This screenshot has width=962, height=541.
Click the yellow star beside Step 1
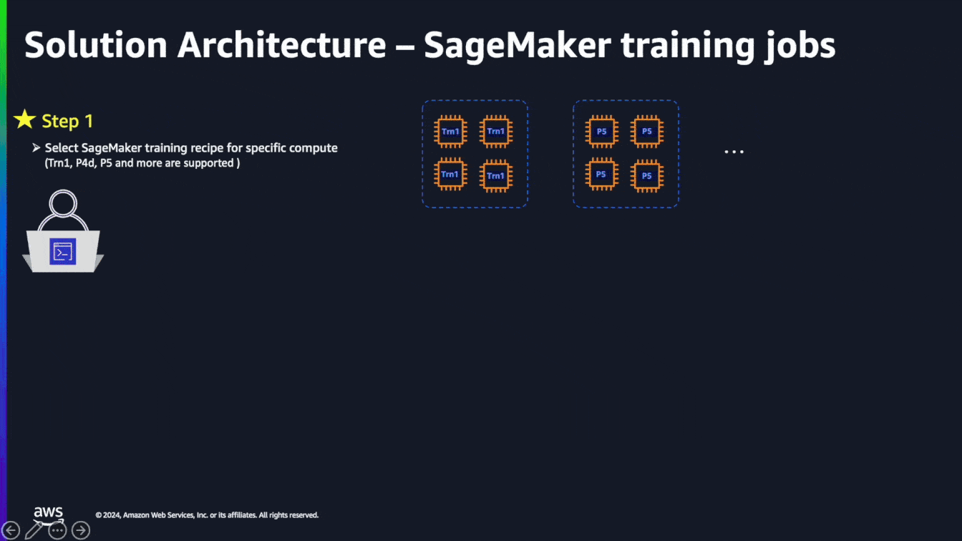[x=24, y=119]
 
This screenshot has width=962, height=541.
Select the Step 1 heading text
[x=67, y=121]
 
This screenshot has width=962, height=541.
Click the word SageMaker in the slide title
[x=518, y=46]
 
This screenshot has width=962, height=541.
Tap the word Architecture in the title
[x=282, y=44]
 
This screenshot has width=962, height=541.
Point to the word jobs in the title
[x=800, y=46]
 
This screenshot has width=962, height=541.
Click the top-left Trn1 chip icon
[x=450, y=132]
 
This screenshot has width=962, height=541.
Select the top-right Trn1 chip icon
[x=496, y=132]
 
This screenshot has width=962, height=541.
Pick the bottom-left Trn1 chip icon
[x=450, y=175]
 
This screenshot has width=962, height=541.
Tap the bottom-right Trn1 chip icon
[x=496, y=175]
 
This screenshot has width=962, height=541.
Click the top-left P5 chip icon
[x=602, y=132]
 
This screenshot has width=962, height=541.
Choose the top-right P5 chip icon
[x=647, y=132]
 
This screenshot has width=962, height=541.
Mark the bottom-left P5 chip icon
[x=602, y=175]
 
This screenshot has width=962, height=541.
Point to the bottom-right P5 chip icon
[x=647, y=175]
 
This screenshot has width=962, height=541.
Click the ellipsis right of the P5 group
[x=734, y=152]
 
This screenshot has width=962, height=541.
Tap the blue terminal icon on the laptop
[x=63, y=252]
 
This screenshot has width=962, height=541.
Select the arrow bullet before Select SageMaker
[x=36, y=148]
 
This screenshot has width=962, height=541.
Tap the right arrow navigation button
[x=81, y=530]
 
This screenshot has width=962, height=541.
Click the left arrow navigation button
[x=10, y=530]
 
